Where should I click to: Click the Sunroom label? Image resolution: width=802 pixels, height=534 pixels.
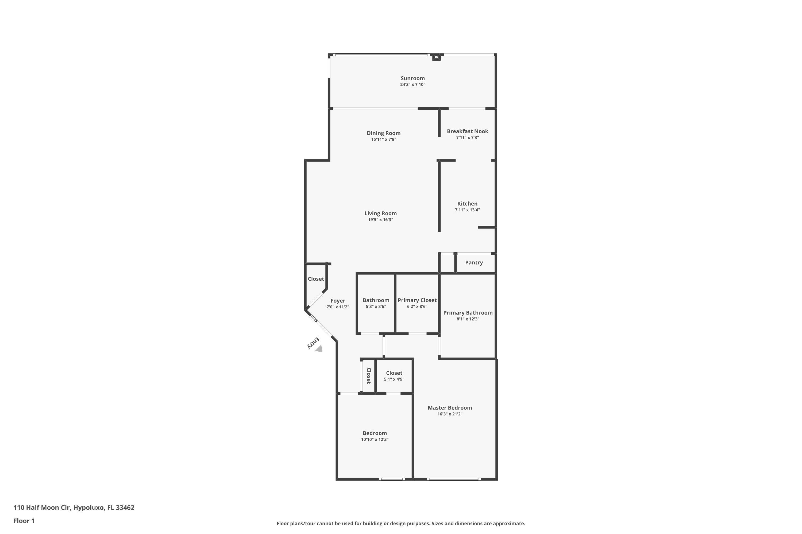point(412,78)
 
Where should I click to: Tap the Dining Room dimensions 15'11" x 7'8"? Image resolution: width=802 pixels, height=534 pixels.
point(384,139)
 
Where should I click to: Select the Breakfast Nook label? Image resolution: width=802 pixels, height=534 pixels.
point(468,131)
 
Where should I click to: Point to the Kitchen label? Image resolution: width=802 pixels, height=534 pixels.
point(467,204)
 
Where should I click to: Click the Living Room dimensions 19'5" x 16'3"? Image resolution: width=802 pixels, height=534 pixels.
point(380,220)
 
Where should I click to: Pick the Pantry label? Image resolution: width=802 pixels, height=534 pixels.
point(474,262)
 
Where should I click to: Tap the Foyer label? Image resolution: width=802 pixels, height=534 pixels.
point(338,301)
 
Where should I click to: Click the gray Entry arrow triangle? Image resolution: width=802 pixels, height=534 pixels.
point(319,349)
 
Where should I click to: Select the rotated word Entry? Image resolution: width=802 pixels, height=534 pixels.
point(313,343)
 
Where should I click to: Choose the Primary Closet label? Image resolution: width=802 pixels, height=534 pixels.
point(417,300)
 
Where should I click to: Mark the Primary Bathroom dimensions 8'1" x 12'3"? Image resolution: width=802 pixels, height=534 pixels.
point(468,319)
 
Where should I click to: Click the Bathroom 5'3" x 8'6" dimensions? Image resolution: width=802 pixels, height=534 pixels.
point(376,307)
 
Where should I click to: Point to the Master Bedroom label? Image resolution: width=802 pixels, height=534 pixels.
point(450,408)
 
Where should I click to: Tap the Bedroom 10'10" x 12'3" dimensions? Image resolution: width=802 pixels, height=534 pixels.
point(375,439)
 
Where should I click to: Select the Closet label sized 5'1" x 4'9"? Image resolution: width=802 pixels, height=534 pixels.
point(394,373)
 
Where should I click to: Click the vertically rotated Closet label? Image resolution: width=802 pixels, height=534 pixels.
point(369,376)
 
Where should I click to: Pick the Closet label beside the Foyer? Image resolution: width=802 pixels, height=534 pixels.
point(316,279)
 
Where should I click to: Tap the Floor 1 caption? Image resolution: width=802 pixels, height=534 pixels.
point(24,521)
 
